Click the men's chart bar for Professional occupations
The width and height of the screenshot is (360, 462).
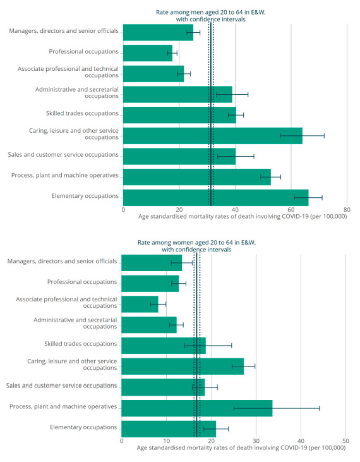coord(147,52)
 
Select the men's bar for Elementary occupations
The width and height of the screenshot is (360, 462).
coord(215,197)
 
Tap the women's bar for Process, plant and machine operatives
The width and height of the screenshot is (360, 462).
coord(196,408)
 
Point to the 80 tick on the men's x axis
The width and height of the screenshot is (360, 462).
coord(347,209)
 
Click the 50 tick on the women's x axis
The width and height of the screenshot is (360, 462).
coord(345,441)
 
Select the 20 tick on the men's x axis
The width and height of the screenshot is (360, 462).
coord(179,209)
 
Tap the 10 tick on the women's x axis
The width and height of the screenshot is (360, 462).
coord(166,441)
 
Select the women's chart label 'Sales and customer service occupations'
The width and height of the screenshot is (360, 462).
coord(61,386)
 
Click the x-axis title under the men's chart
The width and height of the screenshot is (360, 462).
coord(242,216)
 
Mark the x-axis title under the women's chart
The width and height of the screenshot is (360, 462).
coord(241,447)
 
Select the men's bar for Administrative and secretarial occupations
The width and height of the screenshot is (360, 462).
coord(177,94)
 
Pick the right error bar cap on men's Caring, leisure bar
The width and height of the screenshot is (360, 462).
coord(324,135)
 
